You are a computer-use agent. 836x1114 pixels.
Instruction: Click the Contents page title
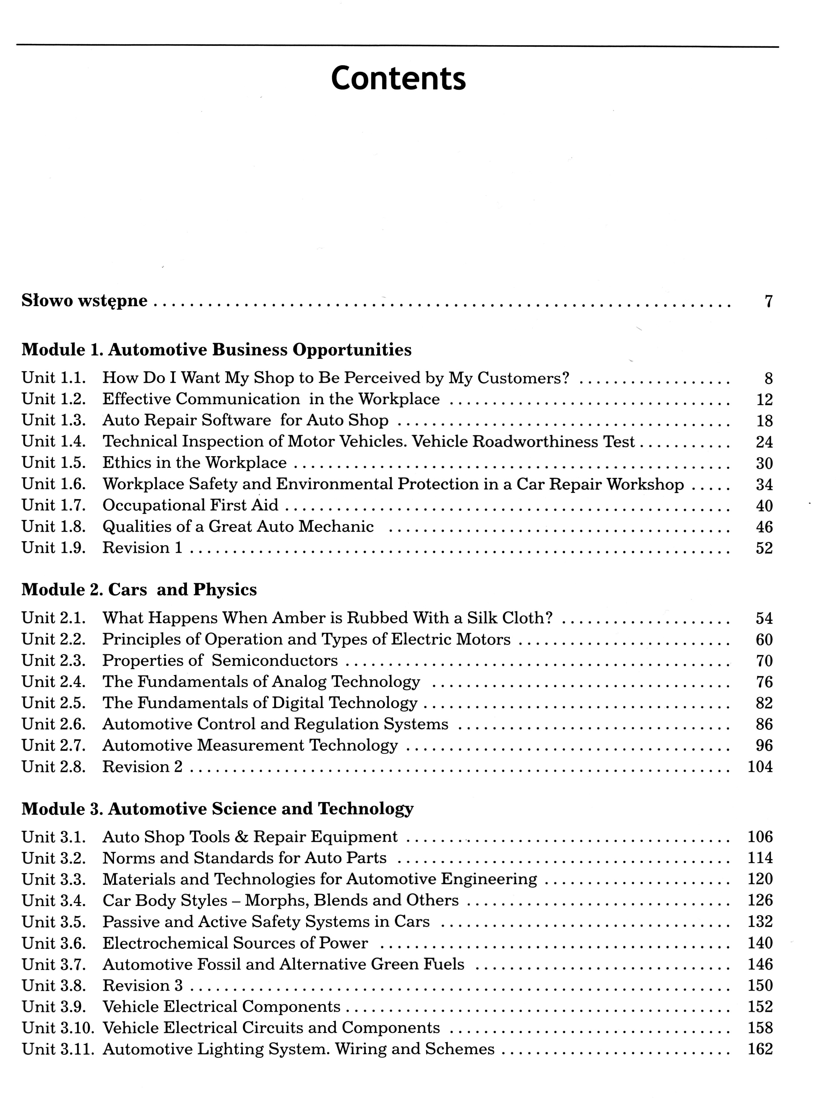398,78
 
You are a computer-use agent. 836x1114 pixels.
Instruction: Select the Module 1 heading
216,349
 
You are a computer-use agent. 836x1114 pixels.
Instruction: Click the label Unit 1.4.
54,442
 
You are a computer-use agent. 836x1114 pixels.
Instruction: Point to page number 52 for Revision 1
764,548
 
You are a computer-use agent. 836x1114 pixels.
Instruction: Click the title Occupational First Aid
190,505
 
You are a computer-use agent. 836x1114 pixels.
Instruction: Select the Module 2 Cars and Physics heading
139,590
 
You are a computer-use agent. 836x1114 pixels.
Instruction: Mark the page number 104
760,767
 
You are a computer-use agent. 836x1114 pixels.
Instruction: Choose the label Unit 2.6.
54,724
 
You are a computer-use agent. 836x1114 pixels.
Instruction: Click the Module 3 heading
217,809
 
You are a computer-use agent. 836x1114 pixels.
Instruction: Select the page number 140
760,943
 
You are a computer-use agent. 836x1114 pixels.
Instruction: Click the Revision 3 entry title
143,985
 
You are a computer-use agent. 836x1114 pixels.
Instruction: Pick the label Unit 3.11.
58,1049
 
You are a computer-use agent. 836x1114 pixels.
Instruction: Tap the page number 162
760,1049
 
